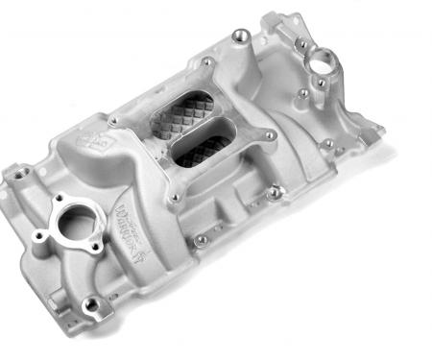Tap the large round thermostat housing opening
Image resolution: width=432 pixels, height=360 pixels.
pos(72,226)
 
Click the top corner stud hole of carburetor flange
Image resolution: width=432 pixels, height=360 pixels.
pos(207,64)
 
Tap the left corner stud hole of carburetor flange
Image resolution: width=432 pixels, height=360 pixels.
pos(116,122)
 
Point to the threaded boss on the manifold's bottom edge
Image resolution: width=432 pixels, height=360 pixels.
pos(92,304)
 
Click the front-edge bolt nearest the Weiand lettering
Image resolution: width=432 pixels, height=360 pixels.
pos(203,237)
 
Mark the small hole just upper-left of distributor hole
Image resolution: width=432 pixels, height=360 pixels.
pos(303,44)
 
